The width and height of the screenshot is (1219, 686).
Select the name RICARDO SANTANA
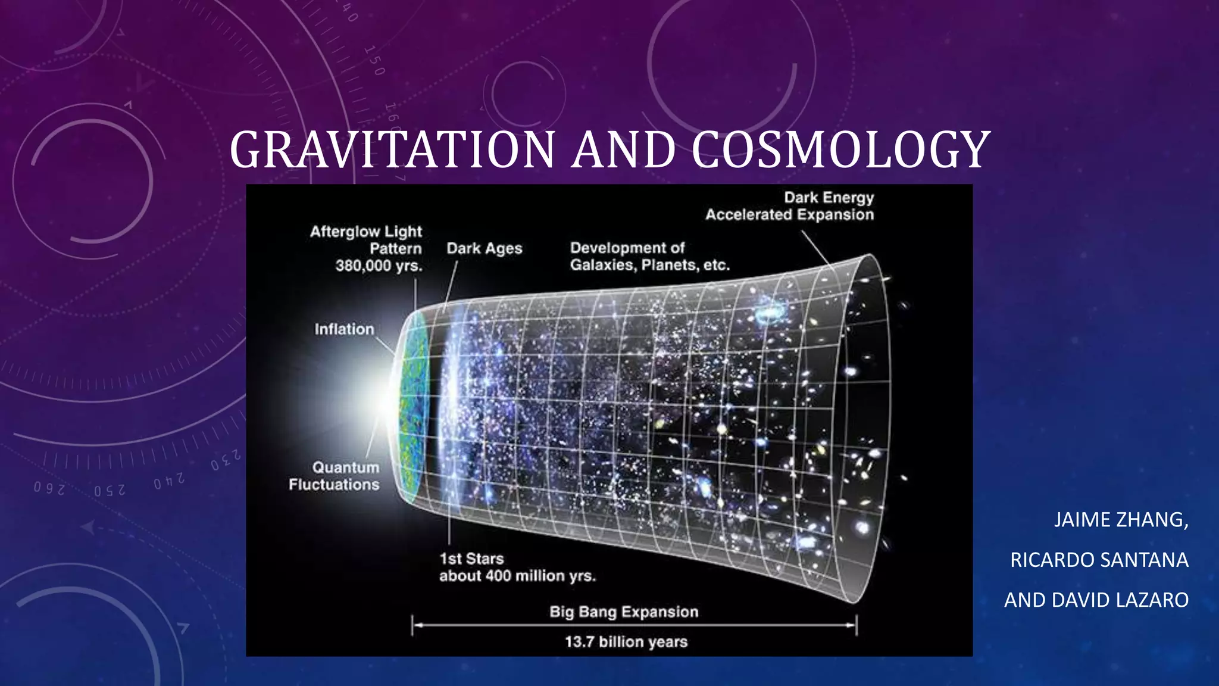coord(1099,560)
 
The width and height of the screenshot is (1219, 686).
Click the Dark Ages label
coord(484,248)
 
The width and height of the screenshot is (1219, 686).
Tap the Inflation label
coord(344,329)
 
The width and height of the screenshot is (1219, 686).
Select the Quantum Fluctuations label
coord(335,476)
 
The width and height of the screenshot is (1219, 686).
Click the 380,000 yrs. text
coord(379,266)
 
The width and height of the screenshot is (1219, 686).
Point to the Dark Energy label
coord(829,197)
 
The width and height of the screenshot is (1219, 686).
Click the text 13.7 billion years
coord(626,642)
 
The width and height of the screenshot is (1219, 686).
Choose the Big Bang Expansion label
coord(624,612)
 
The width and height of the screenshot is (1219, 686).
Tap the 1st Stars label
coord(471,559)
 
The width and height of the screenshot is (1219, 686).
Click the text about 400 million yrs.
coord(517,576)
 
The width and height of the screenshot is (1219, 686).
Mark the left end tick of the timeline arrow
coord(412,625)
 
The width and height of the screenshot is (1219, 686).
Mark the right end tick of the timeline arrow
coord(856,625)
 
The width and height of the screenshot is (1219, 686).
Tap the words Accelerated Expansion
coord(789,214)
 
